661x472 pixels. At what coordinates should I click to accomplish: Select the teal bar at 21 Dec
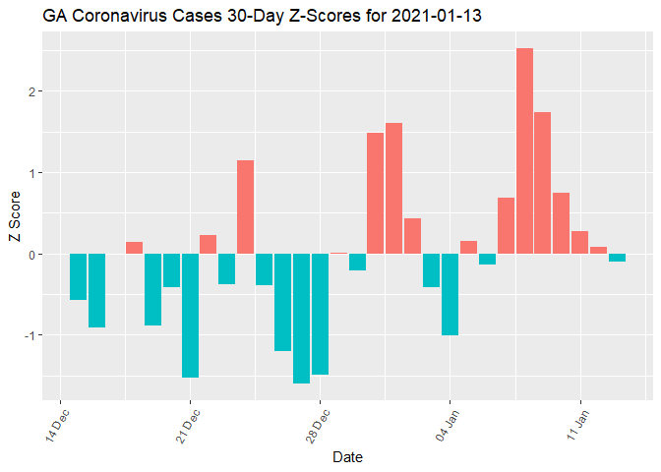coord(190,315)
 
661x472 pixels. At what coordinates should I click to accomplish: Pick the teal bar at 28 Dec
coord(320,314)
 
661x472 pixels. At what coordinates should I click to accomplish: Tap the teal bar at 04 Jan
coord(450,294)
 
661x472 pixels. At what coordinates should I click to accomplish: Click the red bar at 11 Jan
coord(579,242)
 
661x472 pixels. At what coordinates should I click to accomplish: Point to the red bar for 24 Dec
coord(245,206)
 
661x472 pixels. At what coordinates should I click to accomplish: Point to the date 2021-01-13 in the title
coord(433,17)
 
